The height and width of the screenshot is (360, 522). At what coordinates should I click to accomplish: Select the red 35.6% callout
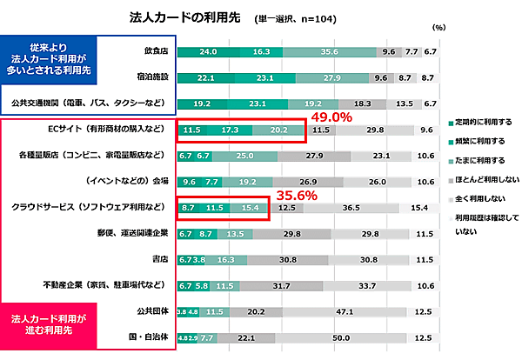[x=295, y=197]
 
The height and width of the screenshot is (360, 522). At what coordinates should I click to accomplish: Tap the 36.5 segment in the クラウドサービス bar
[x=351, y=209]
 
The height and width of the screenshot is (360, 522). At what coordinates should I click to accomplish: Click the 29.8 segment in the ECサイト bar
[x=376, y=130]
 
